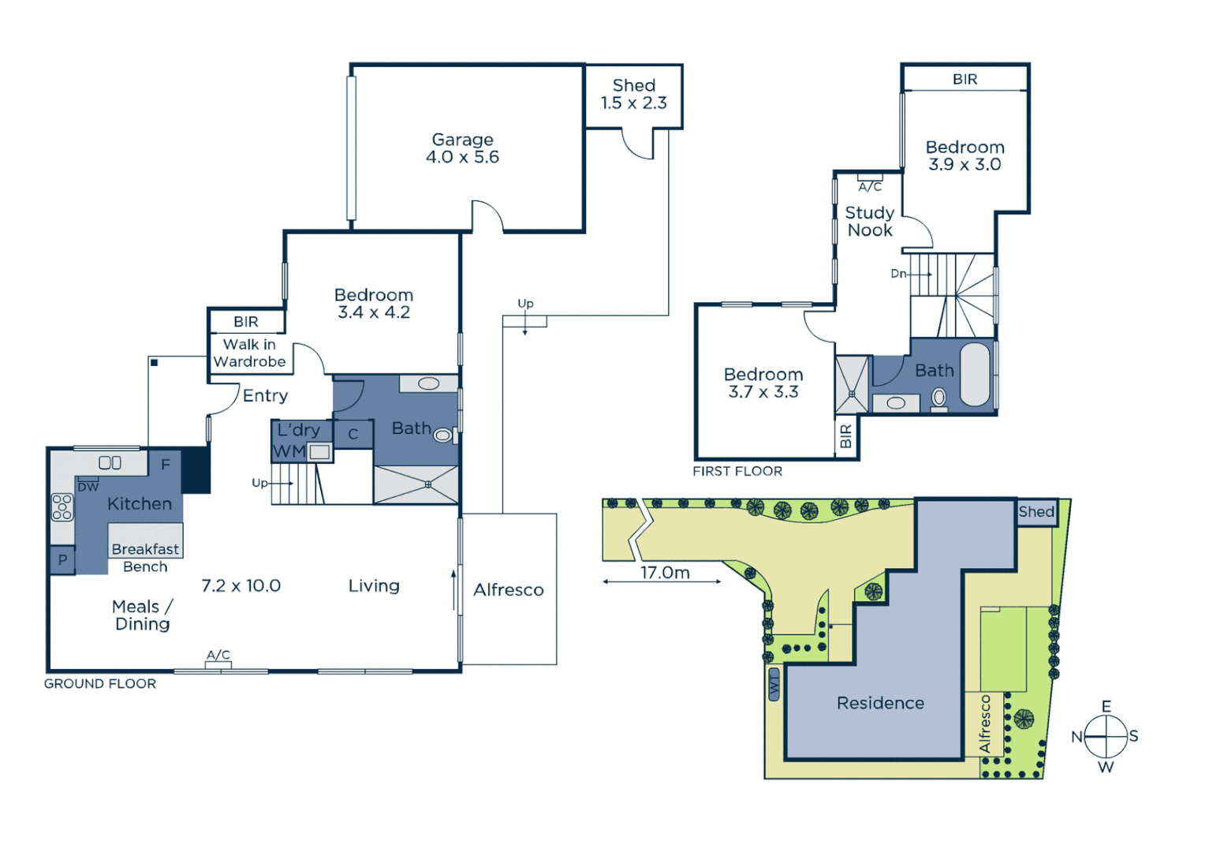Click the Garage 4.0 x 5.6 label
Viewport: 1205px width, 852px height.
click(x=462, y=148)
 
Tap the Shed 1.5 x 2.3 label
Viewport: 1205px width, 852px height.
click(x=633, y=94)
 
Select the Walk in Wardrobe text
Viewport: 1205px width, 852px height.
click(x=249, y=353)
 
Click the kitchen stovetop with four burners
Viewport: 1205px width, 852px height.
click(x=62, y=506)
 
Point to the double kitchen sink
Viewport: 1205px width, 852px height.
click(x=110, y=463)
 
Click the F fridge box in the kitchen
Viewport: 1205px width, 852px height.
click(x=166, y=465)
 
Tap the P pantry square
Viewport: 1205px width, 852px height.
click(x=62, y=560)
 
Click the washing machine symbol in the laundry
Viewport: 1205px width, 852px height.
click(x=319, y=452)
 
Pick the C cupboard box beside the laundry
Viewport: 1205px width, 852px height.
click(x=353, y=434)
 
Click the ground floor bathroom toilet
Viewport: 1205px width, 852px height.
click(x=443, y=435)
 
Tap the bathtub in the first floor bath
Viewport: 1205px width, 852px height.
click(x=976, y=374)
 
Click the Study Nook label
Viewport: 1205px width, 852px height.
click(x=869, y=222)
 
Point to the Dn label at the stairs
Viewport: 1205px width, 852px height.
click(x=898, y=274)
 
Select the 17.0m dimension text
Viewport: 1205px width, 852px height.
click(x=664, y=573)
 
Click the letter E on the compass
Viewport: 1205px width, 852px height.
click(x=1106, y=706)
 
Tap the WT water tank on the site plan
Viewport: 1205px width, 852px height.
click(x=774, y=684)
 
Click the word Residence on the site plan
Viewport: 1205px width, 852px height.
click(x=880, y=703)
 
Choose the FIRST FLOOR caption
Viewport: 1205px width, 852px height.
click(x=737, y=471)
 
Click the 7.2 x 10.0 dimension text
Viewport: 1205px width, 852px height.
click(x=241, y=585)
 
